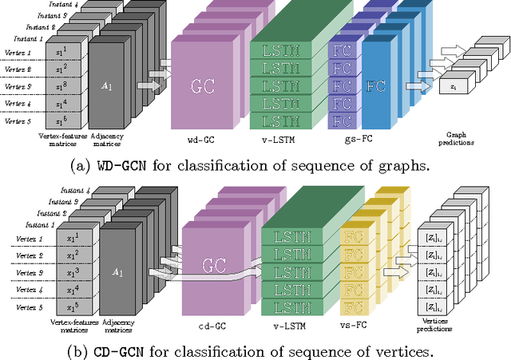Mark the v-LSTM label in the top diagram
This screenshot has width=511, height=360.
tap(273, 140)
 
